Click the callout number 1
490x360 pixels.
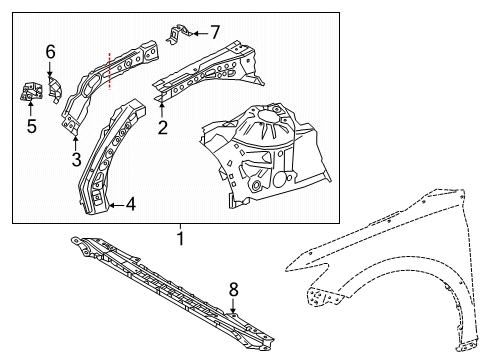(x=180, y=239)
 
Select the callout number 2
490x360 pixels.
(x=163, y=128)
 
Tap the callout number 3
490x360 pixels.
(x=76, y=159)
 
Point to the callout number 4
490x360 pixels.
(x=131, y=204)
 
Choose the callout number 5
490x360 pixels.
(x=31, y=126)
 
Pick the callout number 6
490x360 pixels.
(x=50, y=52)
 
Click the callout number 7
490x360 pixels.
(x=215, y=32)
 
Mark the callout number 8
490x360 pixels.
(x=233, y=289)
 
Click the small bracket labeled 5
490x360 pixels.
(x=31, y=92)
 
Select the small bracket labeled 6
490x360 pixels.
(x=55, y=89)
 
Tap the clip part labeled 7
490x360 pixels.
(x=179, y=34)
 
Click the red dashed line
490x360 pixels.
(x=110, y=71)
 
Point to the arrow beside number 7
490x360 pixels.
(x=200, y=33)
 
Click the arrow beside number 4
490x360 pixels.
(x=116, y=205)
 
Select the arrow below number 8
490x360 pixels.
(x=233, y=306)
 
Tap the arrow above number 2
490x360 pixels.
(x=162, y=111)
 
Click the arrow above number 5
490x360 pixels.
(x=30, y=109)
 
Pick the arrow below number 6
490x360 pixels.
(x=50, y=69)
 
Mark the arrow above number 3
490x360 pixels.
(x=76, y=143)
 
